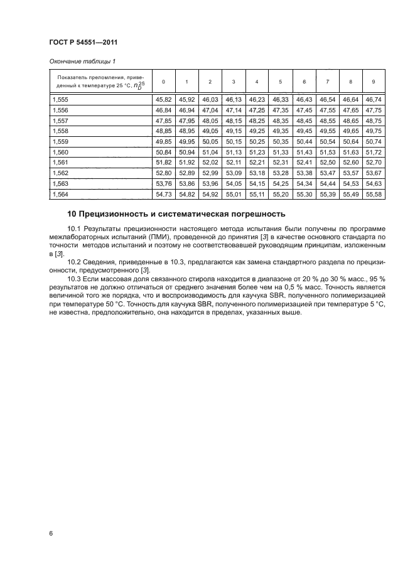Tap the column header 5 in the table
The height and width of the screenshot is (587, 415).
pos(280,82)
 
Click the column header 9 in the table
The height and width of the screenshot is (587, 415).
pos(374,82)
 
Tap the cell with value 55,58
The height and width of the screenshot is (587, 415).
pos(374,195)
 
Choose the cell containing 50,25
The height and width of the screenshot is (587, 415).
pos(257,142)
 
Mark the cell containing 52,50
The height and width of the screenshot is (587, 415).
pos(327,163)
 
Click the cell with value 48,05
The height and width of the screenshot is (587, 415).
pos(210,121)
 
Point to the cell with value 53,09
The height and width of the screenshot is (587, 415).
pos(233,174)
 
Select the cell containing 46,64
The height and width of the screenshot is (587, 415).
pos(350,100)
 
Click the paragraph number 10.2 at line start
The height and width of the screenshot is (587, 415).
pos(75,262)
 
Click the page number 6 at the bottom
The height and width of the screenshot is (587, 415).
pos(50,533)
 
